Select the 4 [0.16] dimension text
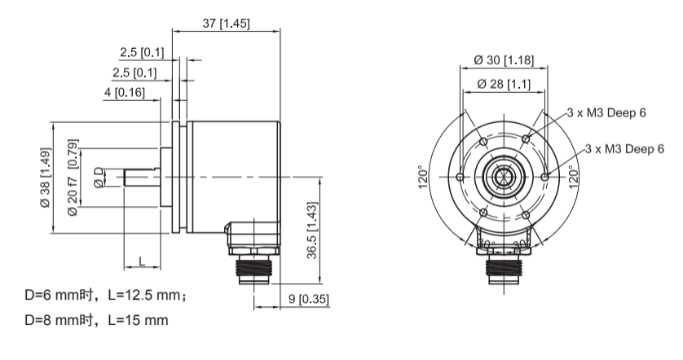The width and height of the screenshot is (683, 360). (x=124, y=92)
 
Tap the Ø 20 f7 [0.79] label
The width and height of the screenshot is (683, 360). (x=73, y=178)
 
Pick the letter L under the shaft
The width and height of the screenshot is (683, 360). (x=142, y=261)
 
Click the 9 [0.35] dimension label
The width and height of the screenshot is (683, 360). (x=309, y=299)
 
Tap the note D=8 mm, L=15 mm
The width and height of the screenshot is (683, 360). (x=97, y=320)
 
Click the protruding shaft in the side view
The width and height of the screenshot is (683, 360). (x=141, y=176)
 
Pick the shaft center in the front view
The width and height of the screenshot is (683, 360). (x=502, y=176)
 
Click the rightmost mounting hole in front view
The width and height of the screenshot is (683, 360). (x=544, y=176)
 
